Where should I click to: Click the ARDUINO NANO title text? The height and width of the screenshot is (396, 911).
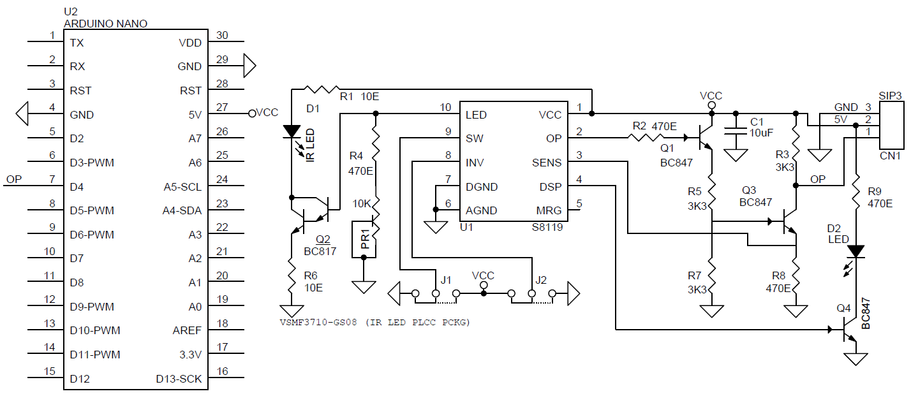tap(106, 24)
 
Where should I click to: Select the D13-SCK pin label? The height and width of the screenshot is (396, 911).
tap(179, 379)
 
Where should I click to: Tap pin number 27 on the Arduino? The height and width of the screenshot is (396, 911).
tap(223, 108)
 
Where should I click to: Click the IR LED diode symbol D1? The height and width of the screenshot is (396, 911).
tap(292, 131)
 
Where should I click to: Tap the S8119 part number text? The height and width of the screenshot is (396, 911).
tap(547, 227)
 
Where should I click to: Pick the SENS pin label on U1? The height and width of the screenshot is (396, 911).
tap(547, 163)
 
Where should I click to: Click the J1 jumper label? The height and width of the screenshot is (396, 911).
tap(446, 279)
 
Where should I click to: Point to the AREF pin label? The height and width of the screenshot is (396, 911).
tap(187, 330)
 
